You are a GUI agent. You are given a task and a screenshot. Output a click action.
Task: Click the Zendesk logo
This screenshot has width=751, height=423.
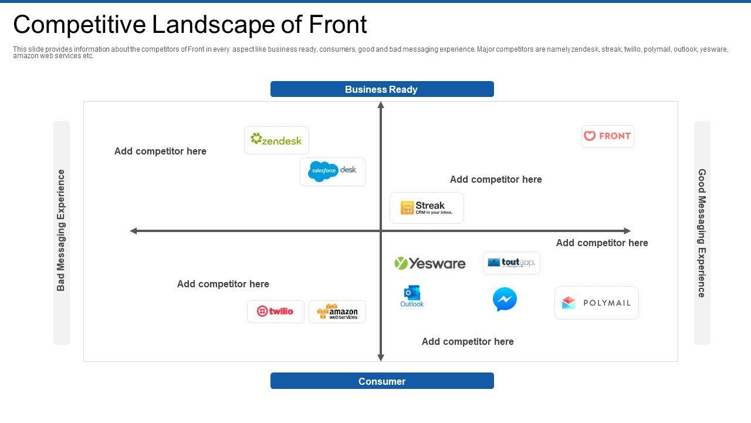276,140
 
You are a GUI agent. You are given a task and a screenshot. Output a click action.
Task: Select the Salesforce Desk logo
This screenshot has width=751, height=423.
333,171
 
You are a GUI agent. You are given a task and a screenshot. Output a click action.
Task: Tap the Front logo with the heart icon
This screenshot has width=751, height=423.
607,136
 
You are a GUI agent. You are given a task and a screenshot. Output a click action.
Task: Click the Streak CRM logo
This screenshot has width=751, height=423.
427,208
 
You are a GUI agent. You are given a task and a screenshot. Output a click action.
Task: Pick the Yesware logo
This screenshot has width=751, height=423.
430,263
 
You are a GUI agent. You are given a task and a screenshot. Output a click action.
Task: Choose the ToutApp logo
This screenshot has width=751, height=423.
511,263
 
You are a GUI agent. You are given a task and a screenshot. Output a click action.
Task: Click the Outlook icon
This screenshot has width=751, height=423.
412,296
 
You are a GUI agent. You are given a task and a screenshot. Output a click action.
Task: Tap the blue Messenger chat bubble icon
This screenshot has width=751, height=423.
505,299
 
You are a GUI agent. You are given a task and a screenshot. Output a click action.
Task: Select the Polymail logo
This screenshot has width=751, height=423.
596,303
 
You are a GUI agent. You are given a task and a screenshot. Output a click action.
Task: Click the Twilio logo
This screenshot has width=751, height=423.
275,311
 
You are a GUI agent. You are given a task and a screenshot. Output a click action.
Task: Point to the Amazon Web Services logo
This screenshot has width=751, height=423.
337,311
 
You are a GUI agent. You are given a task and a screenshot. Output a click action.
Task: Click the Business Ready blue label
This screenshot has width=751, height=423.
382,89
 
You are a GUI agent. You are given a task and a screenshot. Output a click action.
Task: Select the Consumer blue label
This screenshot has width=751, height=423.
382,381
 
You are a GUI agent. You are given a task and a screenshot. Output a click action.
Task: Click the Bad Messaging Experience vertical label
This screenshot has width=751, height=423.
61,230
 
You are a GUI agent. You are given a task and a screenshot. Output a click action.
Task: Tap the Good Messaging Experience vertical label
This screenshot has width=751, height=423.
702,233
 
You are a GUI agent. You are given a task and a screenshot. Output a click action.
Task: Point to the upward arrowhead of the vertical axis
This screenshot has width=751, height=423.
381,105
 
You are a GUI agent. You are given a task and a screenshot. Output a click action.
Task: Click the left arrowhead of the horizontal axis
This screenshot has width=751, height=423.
133,231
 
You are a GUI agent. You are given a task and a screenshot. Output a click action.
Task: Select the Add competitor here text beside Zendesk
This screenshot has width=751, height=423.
160,151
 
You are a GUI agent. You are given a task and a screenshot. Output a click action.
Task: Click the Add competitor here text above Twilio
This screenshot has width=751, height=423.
223,284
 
